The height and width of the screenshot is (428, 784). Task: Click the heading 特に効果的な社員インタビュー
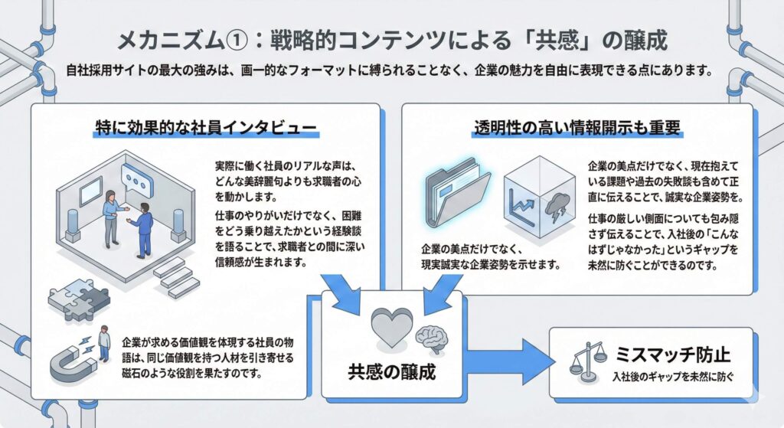(x=204, y=126)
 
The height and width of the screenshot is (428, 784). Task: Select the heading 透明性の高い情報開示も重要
(x=575, y=126)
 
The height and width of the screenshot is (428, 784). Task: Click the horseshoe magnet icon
(x=70, y=364)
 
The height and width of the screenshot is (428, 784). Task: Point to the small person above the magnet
(x=103, y=335)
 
